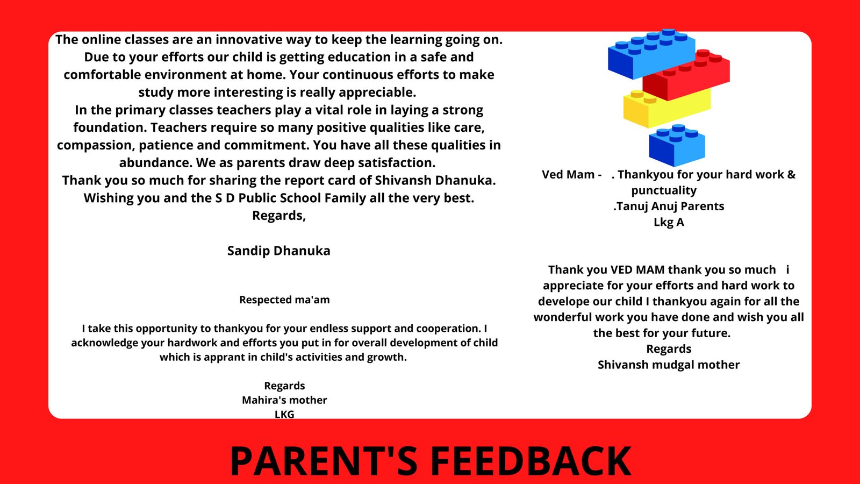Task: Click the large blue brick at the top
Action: [651, 54]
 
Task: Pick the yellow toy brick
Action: [666, 109]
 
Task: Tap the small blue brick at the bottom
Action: [677, 145]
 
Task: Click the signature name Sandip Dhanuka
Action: [279, 251]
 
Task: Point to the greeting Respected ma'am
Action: [284, 300]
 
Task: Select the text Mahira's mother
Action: [284, 400]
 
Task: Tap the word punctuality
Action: [664, 190]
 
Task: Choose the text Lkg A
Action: [669, 222]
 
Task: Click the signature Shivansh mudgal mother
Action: [669, 365]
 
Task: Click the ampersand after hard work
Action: [791, 174]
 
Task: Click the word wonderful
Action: [566, 317]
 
